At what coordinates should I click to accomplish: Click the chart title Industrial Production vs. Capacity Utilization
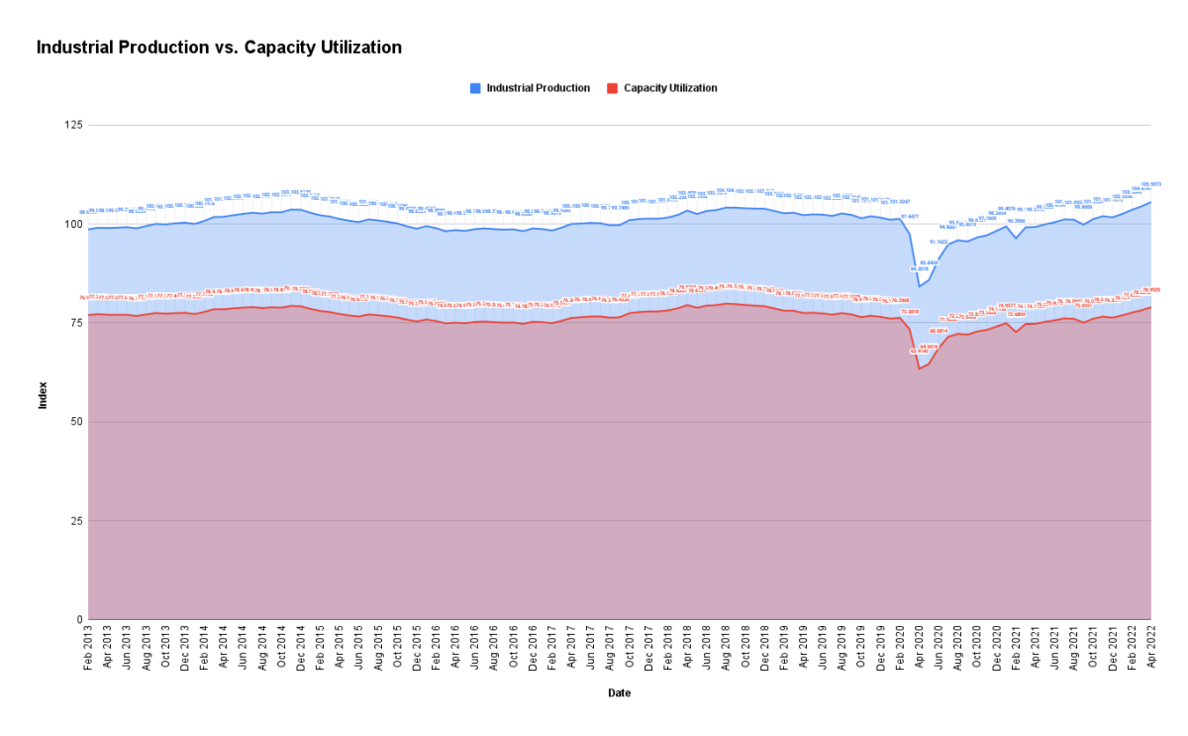click(x=219, y=48)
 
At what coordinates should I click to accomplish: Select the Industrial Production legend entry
click(x=538, y=88)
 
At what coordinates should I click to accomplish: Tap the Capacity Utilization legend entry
click(x=669, y=88)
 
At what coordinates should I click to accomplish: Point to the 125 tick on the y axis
click(x=73, y=125)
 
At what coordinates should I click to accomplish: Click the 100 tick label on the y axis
click(x=73, y=224)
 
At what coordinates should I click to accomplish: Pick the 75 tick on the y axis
click(x=76, y=323)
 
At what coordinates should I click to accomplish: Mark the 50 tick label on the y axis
click(x=76, y=422)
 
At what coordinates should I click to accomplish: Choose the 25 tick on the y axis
click(x=76, y=521)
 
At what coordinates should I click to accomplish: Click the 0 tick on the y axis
click(x=79, y=620)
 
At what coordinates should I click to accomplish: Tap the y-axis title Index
click(x=42, y=396)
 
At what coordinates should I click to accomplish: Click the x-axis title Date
click(x=619, y=693)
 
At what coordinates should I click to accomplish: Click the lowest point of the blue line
click(x=919, y=286)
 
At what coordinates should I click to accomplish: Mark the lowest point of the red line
click(x=919, y=368)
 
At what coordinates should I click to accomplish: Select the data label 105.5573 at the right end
click(x=1150, y=184)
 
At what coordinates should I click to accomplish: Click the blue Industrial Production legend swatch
click(x=476, y=88)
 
